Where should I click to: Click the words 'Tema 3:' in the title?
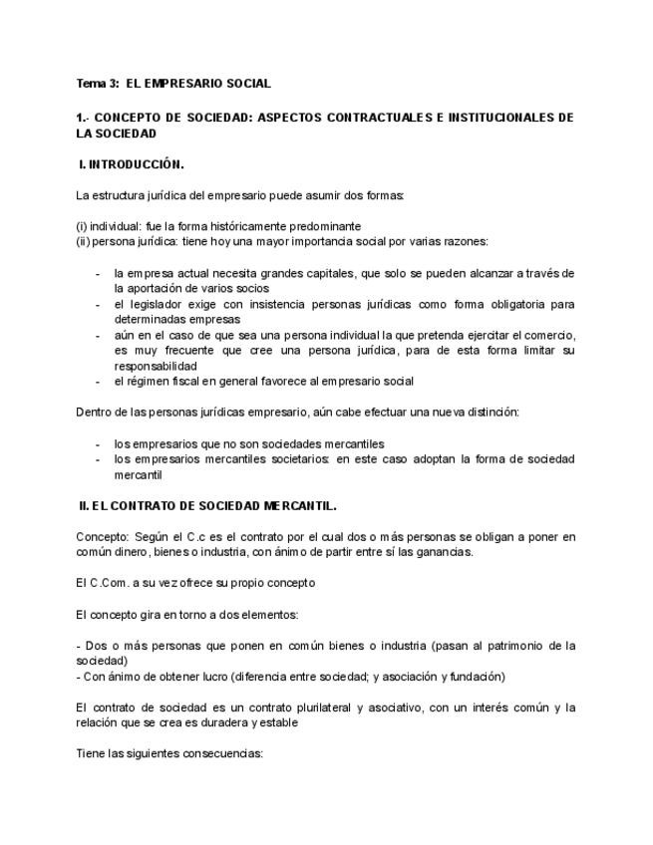point(98,84)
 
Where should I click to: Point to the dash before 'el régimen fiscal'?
point(97,381)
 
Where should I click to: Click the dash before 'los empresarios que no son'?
point(97,443)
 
